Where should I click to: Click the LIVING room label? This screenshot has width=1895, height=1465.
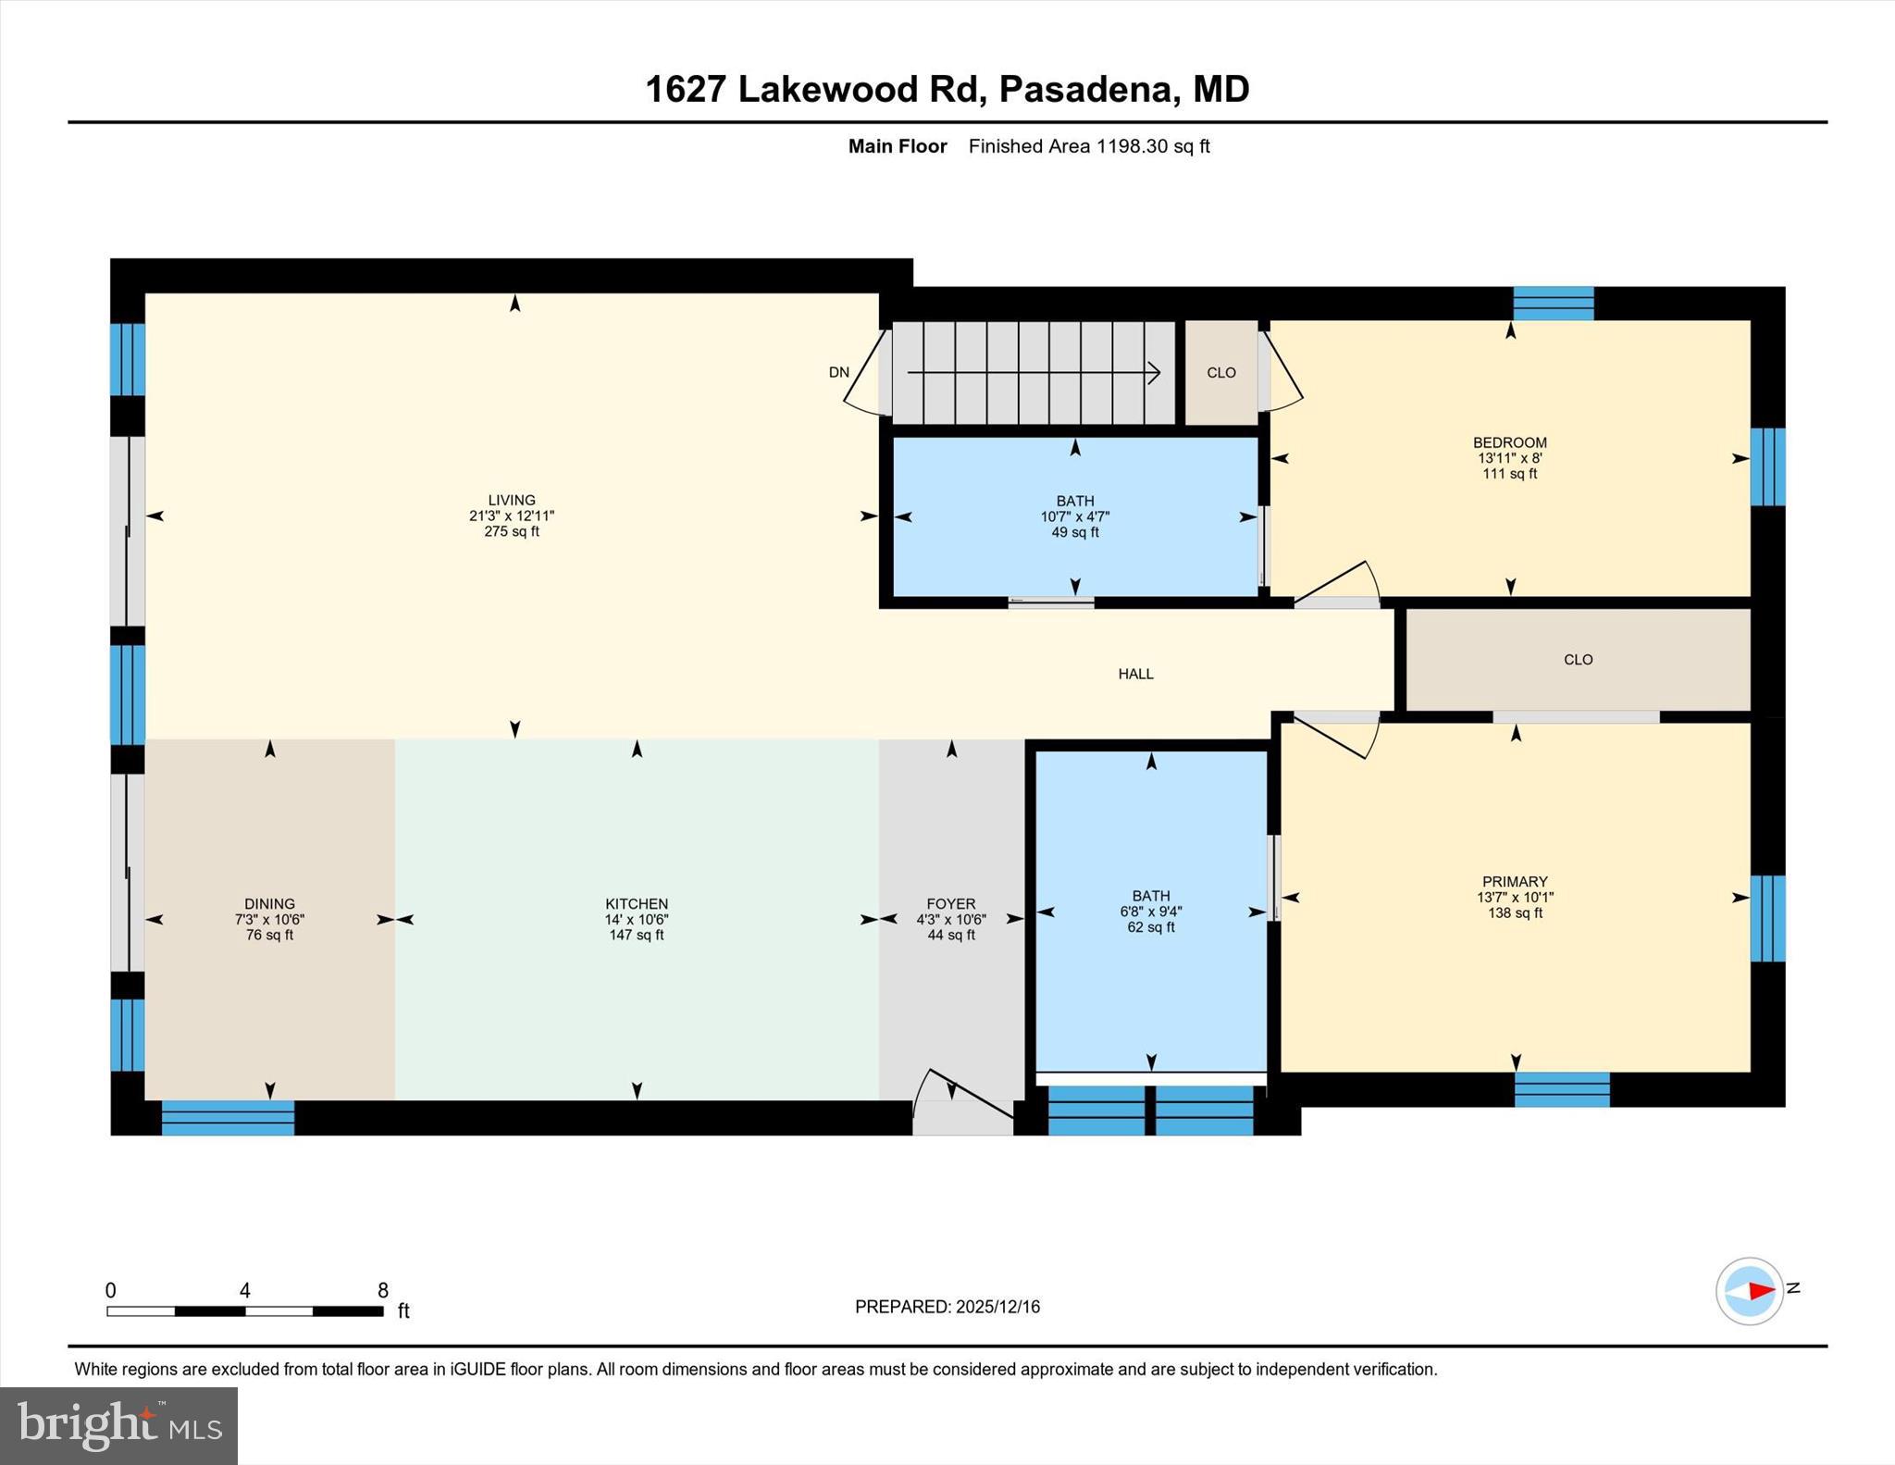click(x=511, y=500)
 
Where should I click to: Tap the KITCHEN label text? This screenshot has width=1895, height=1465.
click(x=637, y=904)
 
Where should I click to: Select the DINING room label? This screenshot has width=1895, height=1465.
click(x=269, y=904)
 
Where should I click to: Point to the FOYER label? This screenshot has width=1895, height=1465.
click(x=951, y=904)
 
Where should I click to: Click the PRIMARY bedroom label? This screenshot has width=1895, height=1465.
click(x=1515, y=882)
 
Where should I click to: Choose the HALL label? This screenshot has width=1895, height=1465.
click(x=1135, y=674)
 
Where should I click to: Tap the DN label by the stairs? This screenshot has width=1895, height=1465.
click(x=838, y=373)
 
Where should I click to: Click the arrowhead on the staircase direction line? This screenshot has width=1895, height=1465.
click(x=1154, y=373)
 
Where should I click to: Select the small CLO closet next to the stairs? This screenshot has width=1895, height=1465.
click(x=1221, y=373)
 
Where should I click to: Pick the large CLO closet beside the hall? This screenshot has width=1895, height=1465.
click(x=1578, y=660)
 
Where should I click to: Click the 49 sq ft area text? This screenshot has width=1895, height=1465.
click(x=1075, y=533)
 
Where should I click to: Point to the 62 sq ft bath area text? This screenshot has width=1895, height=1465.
click(x=1151, y=927)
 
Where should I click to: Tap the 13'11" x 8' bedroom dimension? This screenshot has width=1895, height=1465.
click(x=1510, y=458)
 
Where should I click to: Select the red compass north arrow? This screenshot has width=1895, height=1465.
click(x=1761, y=1290)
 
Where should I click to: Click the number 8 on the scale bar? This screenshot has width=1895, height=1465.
click(x=383, y=1290)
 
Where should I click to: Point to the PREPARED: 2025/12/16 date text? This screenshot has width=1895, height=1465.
click(x=947, y=1307)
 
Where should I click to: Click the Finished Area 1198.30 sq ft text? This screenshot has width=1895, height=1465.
click(x=1089, y=146)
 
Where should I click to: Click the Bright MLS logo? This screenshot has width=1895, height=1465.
click(x=119, y=1425)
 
